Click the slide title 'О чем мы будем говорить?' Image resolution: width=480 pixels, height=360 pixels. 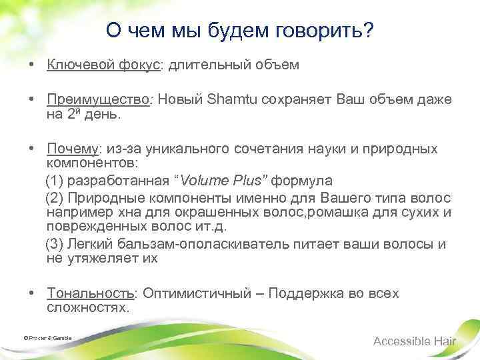point(240,31)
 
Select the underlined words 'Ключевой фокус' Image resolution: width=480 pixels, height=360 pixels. point(103,65)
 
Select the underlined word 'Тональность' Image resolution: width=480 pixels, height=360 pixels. point(91,294)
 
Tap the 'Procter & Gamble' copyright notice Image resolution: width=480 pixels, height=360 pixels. point(47,338)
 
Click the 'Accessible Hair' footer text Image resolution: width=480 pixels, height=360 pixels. point(415,341)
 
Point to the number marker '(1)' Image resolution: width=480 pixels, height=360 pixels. point(55,181)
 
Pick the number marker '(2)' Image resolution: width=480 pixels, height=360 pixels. point(55,199)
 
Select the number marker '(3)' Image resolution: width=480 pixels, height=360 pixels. point(55,243)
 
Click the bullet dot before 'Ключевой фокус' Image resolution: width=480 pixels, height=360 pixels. point(32,65)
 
